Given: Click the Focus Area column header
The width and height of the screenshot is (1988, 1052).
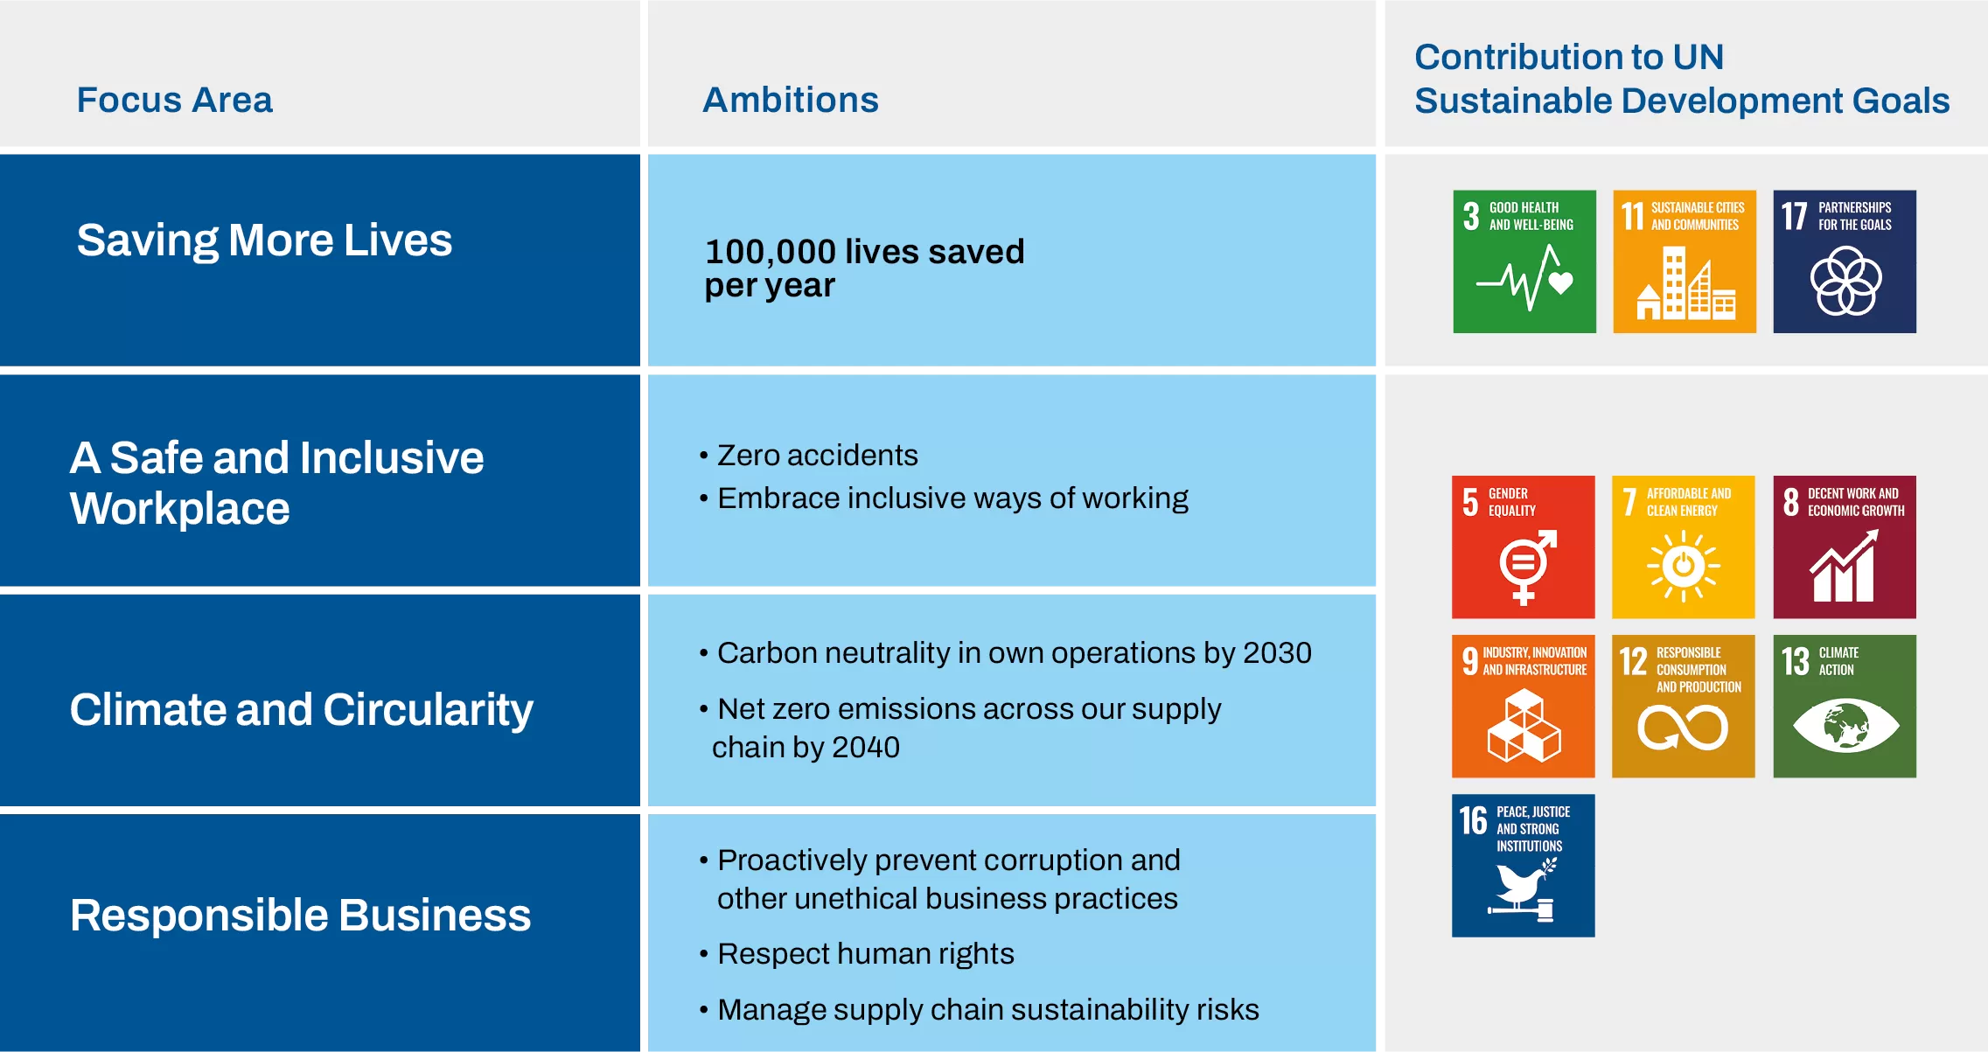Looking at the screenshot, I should tap(175, 100).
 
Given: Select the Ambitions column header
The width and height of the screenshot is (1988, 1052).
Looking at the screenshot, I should tap(791, 100).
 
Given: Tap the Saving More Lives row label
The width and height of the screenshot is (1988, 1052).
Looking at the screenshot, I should tap(264, 240).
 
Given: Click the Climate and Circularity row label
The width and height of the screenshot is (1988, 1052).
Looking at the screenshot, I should tap(301, 709).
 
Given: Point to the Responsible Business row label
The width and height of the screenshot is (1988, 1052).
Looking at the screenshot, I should tap(300, 916).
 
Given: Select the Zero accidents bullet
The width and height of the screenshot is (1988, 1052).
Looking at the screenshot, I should tap(817, 456).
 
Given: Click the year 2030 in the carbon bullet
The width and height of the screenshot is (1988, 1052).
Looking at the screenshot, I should tap(1277, 653).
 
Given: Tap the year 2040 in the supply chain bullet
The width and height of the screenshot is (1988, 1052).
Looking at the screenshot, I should tap(865, 748).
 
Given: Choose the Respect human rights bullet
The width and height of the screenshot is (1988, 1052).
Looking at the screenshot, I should tap(865, 954).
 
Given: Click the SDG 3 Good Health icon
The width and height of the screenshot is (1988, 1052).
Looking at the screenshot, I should tap(1524, 261).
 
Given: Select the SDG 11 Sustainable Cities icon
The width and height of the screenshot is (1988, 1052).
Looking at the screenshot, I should tap(1685, 261).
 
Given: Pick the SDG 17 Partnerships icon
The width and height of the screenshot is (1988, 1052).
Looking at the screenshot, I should tap(1845, 261).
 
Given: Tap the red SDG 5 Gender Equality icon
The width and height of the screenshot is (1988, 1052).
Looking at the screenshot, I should tap(1524, 547).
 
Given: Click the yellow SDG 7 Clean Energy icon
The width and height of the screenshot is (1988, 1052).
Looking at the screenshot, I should tap(1684, 547).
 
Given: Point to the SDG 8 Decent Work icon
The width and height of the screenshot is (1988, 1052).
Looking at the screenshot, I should tap(1845, 547).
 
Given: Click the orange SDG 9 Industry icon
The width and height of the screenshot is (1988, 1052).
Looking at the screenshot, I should tap(1524, 707).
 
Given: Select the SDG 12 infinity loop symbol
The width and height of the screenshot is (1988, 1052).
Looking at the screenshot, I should tap(1683, 728).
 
